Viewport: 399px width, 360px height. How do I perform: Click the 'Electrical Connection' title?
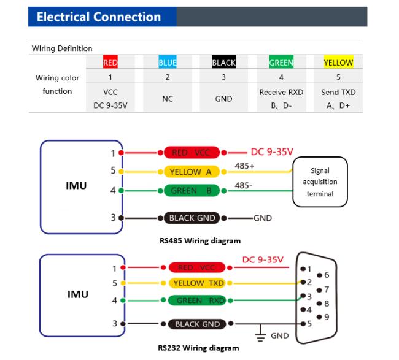99,17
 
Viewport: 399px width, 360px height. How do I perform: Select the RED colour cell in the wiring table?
110,62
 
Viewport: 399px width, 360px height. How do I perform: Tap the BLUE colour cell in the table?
168,62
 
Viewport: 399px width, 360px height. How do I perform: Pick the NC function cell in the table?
168,99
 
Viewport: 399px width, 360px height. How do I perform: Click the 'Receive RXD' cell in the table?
281,99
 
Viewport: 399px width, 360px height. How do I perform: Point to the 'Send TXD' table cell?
338,99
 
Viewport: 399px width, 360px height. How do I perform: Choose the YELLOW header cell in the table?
338,62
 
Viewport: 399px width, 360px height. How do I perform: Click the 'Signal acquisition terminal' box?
320,182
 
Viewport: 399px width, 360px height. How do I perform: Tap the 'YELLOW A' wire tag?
191,172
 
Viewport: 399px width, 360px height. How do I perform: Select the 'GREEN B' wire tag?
192,191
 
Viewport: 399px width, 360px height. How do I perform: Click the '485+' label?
244,166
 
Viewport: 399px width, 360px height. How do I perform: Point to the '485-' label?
244,185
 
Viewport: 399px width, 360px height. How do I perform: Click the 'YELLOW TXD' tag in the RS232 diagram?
197,283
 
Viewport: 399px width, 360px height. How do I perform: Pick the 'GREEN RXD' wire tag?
197,301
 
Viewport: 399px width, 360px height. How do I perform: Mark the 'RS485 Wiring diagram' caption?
200,241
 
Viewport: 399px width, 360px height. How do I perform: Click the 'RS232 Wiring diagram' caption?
198,348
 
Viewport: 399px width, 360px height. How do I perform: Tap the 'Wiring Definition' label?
62,48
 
